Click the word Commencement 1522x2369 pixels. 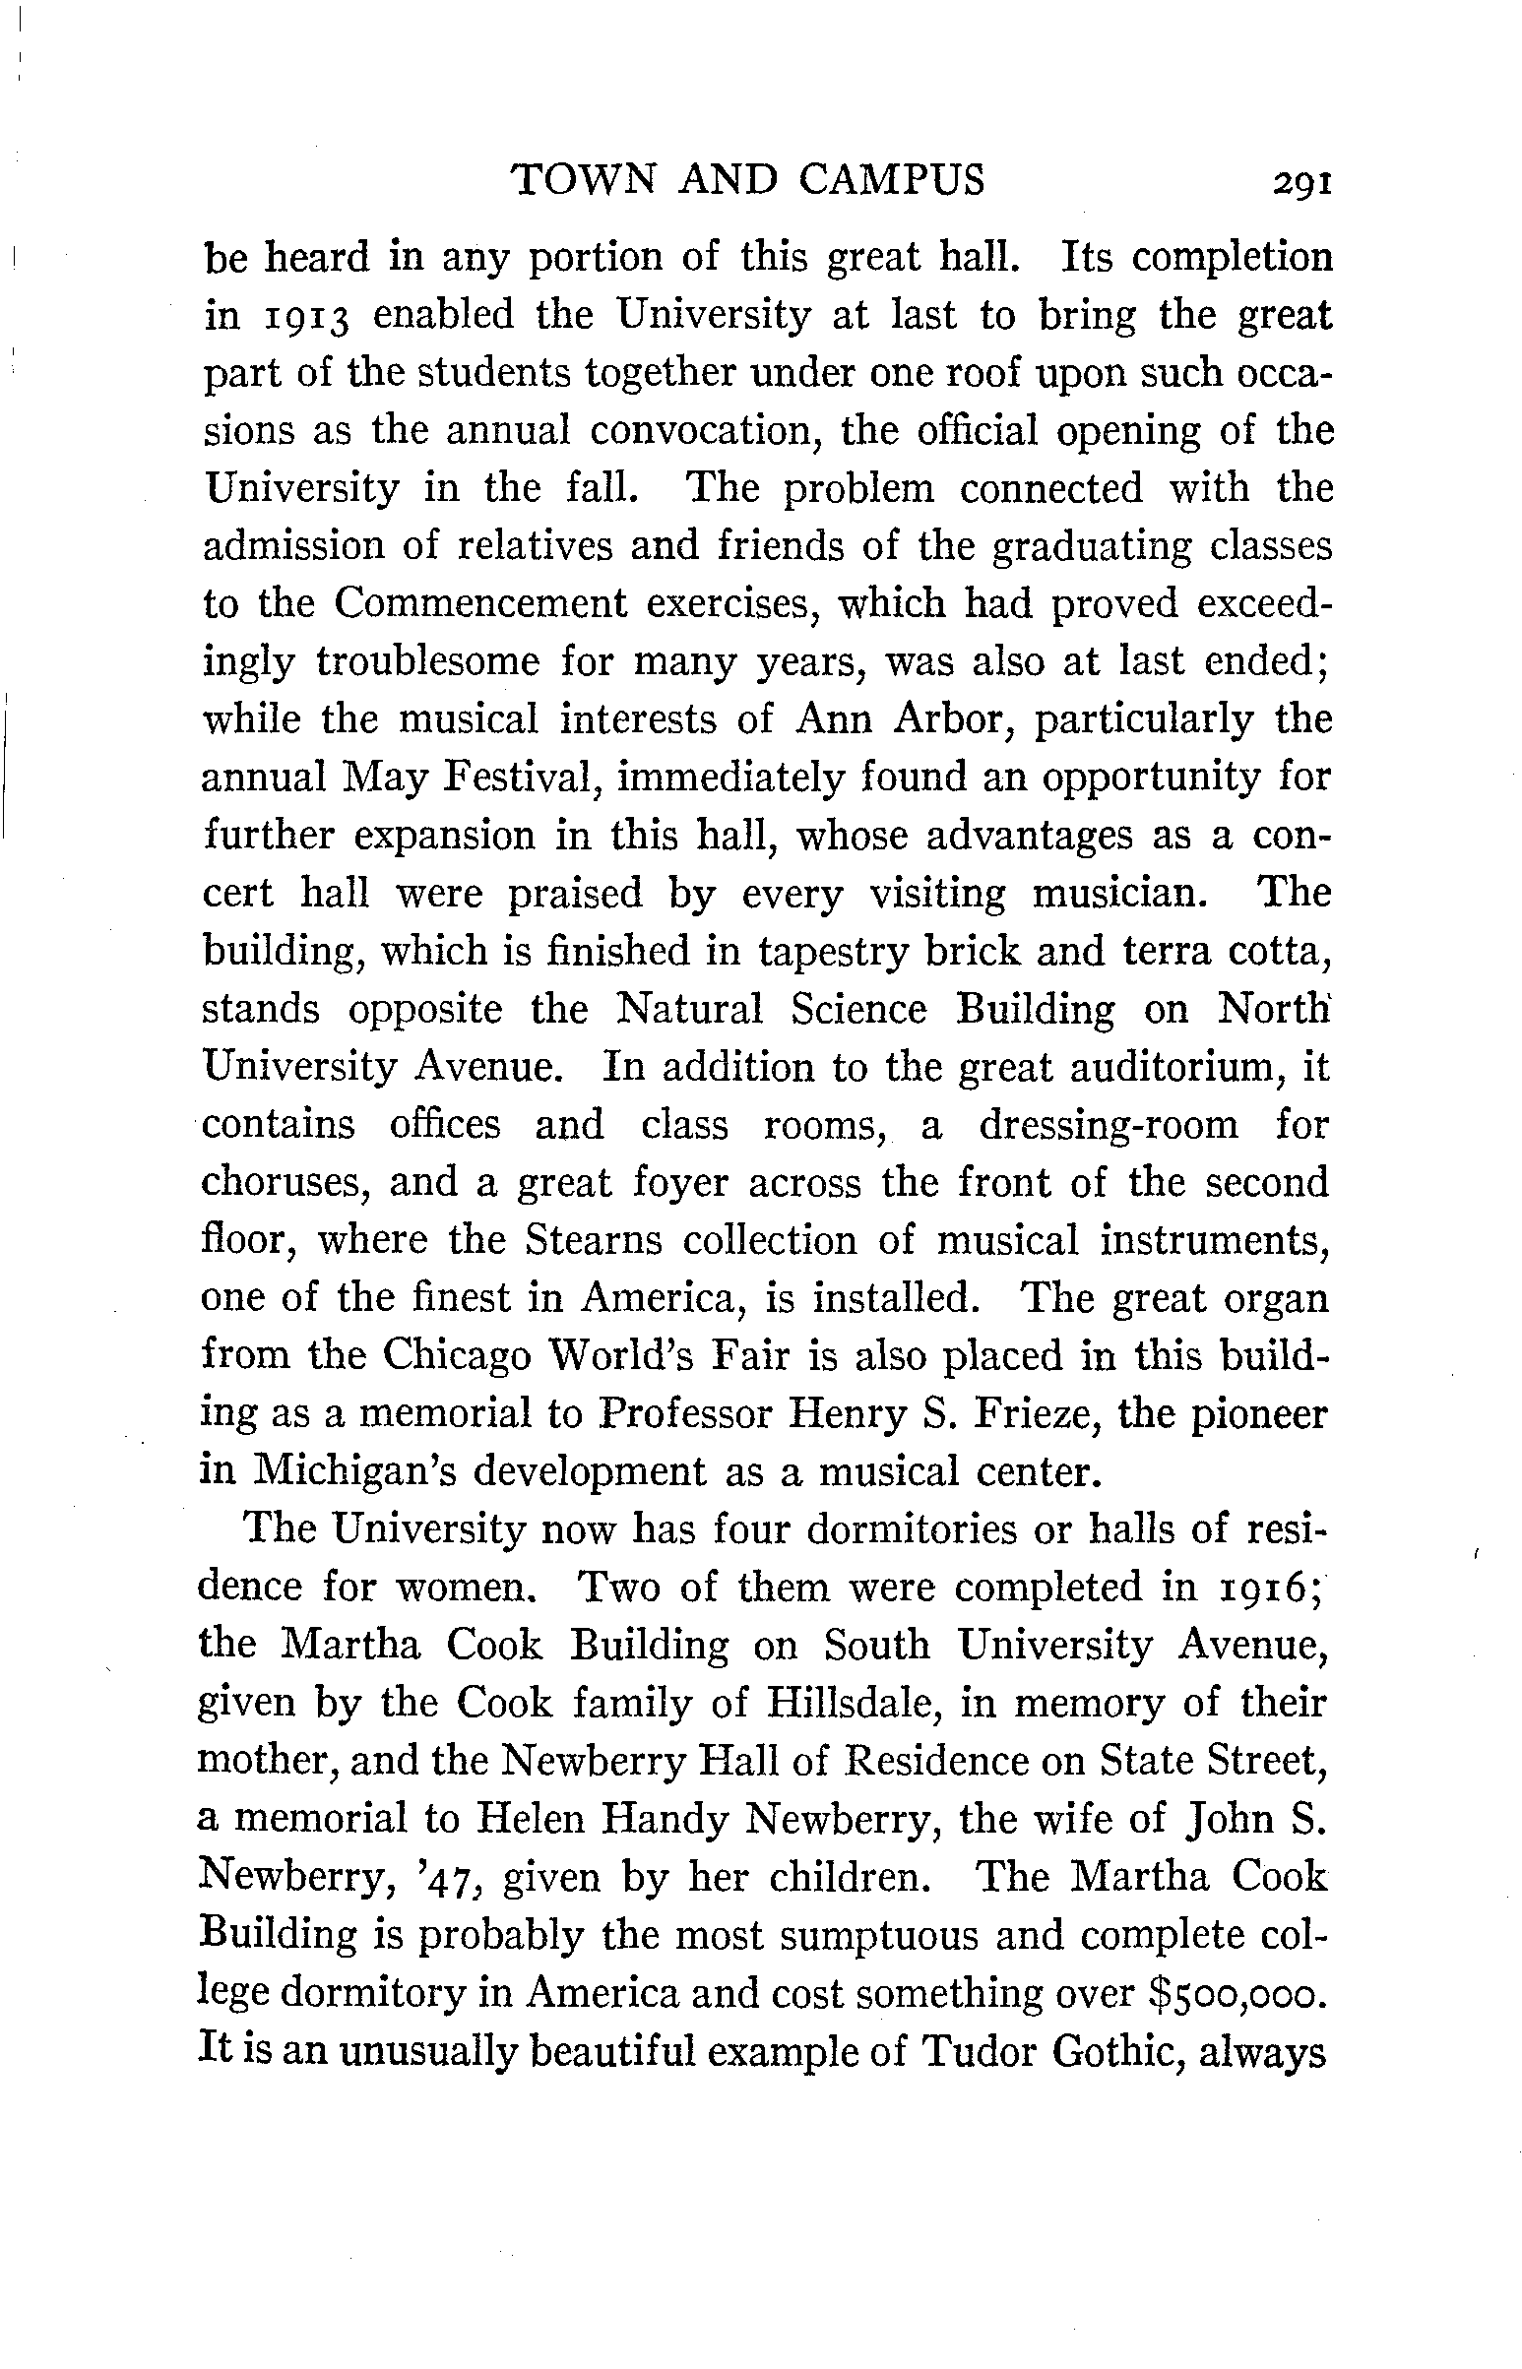480,604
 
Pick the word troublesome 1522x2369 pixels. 428,663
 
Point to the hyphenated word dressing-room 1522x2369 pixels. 1108,1125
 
